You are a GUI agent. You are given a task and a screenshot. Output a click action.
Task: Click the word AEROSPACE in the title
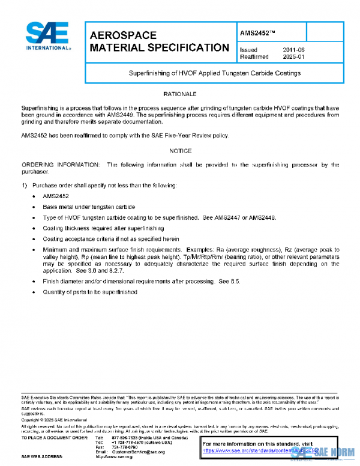pos(122,35)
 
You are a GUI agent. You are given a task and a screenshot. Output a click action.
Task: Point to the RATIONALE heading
pos(180,94)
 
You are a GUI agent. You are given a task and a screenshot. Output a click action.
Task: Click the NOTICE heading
pos(180,151)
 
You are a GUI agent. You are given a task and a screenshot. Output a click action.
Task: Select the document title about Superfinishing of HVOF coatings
pos(214,73)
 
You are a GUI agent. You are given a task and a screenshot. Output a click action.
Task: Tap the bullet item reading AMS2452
pos(55,196)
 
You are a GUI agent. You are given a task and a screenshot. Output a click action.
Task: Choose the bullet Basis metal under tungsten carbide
pos(88,207)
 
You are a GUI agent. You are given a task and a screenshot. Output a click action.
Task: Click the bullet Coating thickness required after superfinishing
pos(103,228)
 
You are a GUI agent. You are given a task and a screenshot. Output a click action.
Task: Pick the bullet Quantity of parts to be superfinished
pos(90,292)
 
